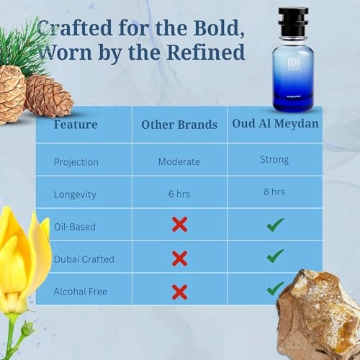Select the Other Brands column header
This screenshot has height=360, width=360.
pos(179,125)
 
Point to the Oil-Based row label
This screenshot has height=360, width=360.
pos(76,226)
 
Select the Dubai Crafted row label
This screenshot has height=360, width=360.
pos(84,258)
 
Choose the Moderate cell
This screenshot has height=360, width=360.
pos(179,161)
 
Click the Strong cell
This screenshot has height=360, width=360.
pos(274,160)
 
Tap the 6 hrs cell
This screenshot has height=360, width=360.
pos(179,194)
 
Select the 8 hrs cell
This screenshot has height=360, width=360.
pos(274,192)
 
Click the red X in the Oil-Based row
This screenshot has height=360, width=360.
pos(179,225)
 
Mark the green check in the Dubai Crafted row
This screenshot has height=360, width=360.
pos(274,256)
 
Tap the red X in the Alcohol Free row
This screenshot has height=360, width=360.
pos(179,291)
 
